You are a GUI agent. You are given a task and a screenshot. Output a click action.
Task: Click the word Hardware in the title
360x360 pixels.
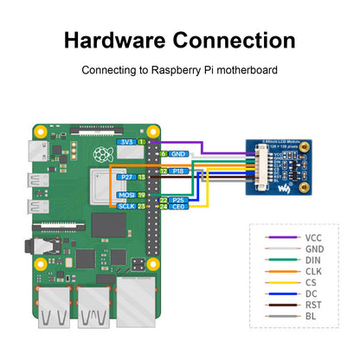tap(115, 40)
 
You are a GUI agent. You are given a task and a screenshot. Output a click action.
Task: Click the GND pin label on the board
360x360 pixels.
tap(180, 153)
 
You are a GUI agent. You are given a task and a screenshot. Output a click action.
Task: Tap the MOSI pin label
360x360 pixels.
tap(126, 196)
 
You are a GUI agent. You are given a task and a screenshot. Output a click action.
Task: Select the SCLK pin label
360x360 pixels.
tap(126, 207)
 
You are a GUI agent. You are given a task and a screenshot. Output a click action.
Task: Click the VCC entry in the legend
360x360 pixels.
tap(314, 236)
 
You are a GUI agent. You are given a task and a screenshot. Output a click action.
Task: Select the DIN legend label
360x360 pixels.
tap(313, 259)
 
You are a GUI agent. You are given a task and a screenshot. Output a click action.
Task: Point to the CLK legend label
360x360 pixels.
tap(314, 270)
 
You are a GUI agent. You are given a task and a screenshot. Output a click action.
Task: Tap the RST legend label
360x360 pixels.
tap(313, 304)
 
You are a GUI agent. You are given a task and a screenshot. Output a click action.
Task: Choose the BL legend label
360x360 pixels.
tap(312, 315)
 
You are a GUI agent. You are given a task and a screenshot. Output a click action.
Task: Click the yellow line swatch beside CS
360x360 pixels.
tap(278, 281)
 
